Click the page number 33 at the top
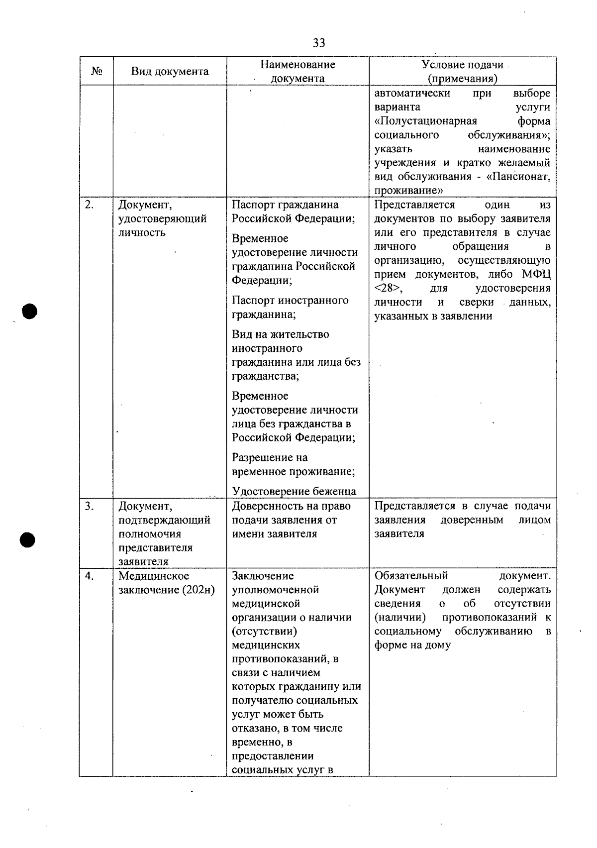click(x=319, y=43)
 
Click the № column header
click(x=97, y=71)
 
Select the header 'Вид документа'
click(x=170, y=71)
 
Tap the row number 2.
click(x=89, y=205)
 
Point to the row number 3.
click(x=90, y=506)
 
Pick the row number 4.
click(x=90, y=576)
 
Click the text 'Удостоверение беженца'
click(x=294, y=492)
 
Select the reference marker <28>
click(x=388, y=289)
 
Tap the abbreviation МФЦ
click(x=536, y=275)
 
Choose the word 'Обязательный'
click(x=411, y=576)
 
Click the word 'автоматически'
click(x=412, y=94)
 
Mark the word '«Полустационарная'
click(x=425, y=121)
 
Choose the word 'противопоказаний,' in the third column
click(x=285, y=659)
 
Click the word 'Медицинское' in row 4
click(x=154, y=576)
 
